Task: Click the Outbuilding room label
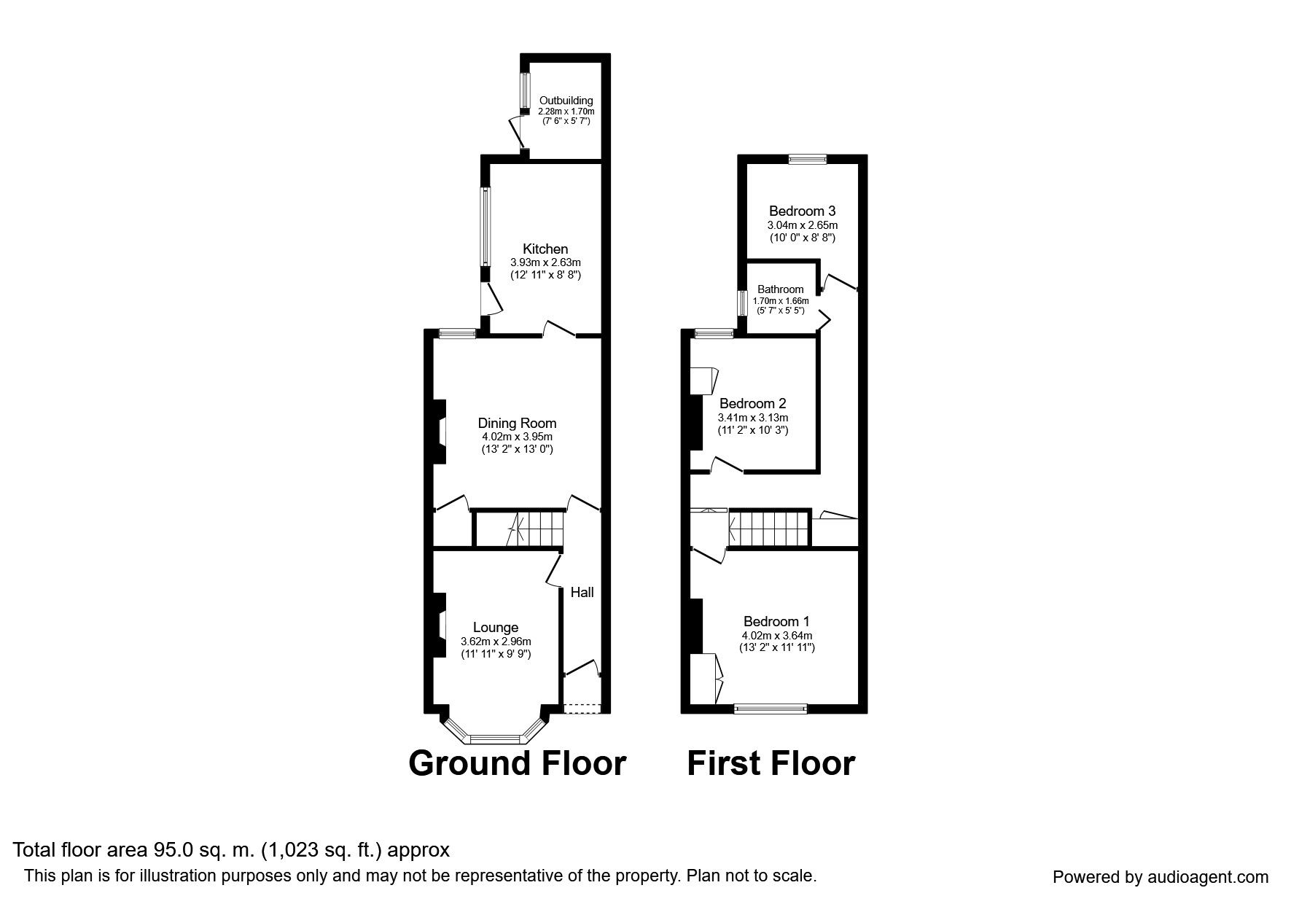tap(566, 101)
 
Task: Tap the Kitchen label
tap(545, 249)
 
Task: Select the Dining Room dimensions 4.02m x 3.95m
tap(517, 437)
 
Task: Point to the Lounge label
tap(496, 628)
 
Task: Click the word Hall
tap(582, 593)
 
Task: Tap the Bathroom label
tap(780, 289)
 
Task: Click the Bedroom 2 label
tap(753, 404)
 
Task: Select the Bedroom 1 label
tap(776, 622)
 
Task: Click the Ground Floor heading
tap(518, 763)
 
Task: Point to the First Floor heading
tap(771, 763)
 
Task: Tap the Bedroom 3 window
tap(807, 159)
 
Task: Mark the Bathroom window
tap(741, 303)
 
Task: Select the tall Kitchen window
tap(484, 226)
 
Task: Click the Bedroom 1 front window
tap(771, 707)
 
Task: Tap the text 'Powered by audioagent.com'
tap(1161, 878)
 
